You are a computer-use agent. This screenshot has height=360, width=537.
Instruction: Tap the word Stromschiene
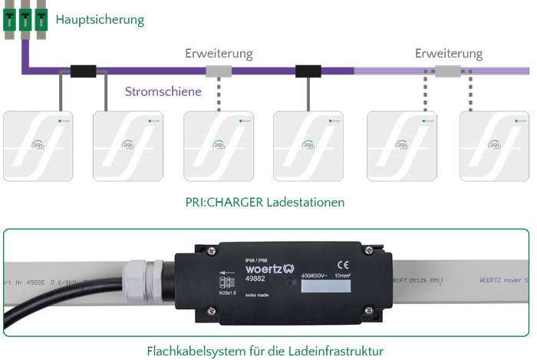coord(163,92)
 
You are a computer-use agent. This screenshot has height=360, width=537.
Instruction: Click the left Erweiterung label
coord(219,54)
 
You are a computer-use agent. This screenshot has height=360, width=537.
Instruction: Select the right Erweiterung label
coord(449,54)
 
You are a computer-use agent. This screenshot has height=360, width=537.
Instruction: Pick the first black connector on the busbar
coord(83,71)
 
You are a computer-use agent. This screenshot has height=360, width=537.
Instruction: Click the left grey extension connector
coord(219,71)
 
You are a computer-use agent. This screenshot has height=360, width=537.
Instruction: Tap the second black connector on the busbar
coord(308,71)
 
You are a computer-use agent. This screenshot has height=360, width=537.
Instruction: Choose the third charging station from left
coord(219,146)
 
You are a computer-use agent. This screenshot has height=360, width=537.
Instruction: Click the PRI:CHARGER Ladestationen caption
coord(265,203)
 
